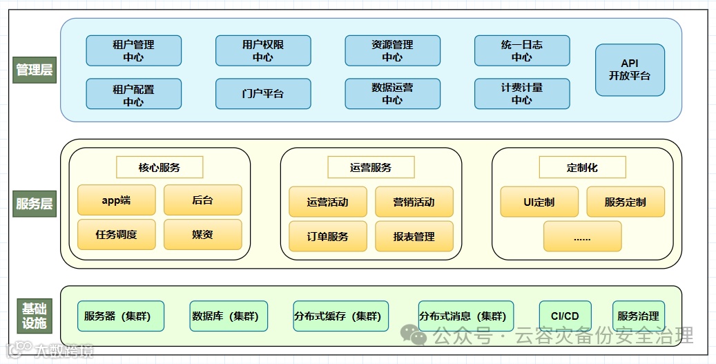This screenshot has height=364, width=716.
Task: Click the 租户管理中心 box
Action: (133, 50)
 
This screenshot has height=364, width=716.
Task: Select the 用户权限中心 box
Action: (263, 50)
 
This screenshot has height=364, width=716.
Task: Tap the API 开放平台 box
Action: (630, 70)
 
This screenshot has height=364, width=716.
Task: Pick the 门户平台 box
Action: (263, 94)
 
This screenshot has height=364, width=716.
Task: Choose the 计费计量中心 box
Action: (522, 94)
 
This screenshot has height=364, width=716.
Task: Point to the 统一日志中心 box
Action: (522, 50)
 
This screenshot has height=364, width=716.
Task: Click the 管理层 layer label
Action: (34, 70)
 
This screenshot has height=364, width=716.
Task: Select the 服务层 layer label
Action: (34, 204)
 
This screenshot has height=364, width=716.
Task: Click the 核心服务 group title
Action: (159, 167)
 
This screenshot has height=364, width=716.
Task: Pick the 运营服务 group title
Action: (371, 167)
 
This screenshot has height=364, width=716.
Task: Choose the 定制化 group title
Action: (582, 167)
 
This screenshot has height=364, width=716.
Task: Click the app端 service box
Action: (116, 200)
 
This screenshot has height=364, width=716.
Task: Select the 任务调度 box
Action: (116, 235)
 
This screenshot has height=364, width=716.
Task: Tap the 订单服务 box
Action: (327, 236)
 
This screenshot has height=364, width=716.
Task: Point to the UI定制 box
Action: (539, 202)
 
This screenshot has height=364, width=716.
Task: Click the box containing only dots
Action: (582, 236)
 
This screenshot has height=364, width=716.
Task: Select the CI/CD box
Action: (565, 316)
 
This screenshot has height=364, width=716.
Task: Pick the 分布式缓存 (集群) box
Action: (337, 316)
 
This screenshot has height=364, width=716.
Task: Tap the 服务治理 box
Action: (638, 316)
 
